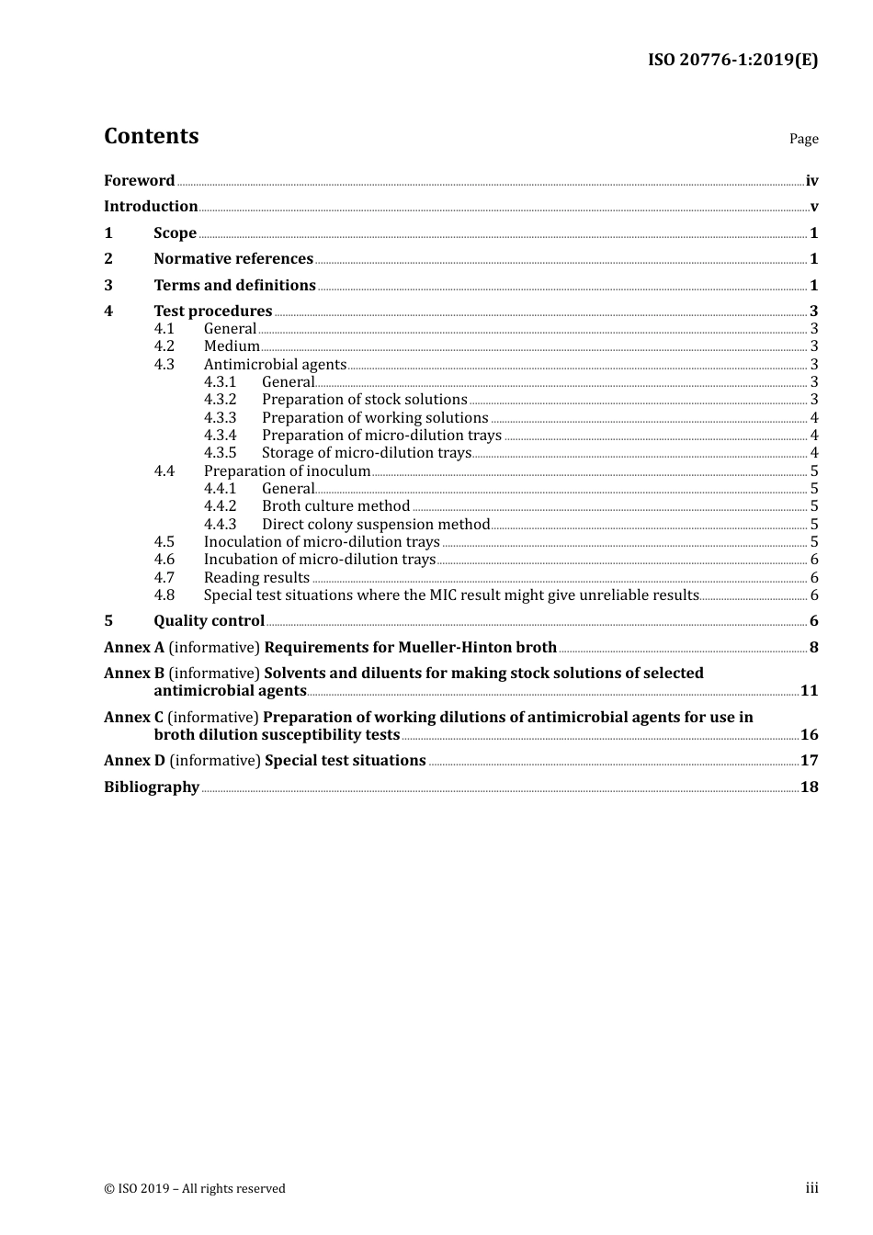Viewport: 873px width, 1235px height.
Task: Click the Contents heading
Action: pyautogui.click(x=151, y=136)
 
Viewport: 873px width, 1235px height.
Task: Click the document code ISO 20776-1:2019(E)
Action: pyautogui.click(x=732, y=60)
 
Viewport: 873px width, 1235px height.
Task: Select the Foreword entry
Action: pyautogui.click(x=139, y=180)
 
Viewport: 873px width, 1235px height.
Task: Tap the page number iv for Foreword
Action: pyautogui.click(x=811, y=181)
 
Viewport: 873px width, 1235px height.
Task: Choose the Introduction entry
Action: pyautogui.click(x=151, y=206)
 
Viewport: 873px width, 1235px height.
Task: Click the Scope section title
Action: pyautogui.click(x=175, y=232)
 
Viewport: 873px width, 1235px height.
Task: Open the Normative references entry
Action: pyautogui.click(x=233, y=258)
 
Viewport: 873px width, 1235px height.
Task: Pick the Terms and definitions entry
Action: pyautogui.click(x=234, y=285)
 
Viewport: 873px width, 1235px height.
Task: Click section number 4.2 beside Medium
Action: pyautogui.click(x=164, y=346)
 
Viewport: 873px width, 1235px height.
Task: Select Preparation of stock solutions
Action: pyautogui.click(x=364, y=400)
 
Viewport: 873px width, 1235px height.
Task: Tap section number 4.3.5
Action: pyautogui.click(x=220, y=453)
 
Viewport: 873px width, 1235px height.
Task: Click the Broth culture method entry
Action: pyautogui.click(x=335, y=506)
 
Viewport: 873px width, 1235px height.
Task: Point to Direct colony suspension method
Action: pyautogui.click(x=376, y=524)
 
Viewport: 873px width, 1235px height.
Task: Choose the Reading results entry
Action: pyautogui.click(x=256, y=577)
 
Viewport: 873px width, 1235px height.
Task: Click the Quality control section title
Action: pyautogui.click(x=209, y=620)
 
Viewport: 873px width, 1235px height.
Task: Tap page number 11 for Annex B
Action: pyautogui.click(x=809, y=690)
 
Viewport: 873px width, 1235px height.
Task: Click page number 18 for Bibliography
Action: pyautogui.click(x=809, y=787)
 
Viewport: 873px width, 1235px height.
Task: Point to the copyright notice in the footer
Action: pyautogui.click(x=195, y=1188)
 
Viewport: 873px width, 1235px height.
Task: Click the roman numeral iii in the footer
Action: pyautogui.click(x=811, y=1188)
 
